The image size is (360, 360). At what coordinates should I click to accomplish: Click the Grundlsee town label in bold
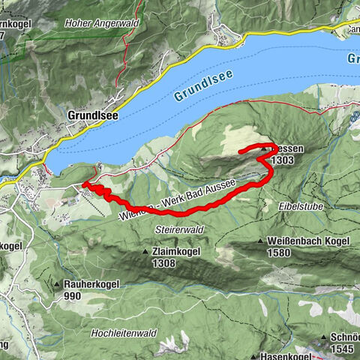click(x=92, y=116)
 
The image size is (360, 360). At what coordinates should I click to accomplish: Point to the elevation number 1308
click(x=164, y=262)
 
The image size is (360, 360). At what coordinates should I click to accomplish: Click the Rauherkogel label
click(x=88, y=285)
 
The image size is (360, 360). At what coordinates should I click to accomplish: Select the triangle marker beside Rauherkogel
click(x=57, y=285)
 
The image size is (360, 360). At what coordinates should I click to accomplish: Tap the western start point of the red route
click(x=84, y=183)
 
